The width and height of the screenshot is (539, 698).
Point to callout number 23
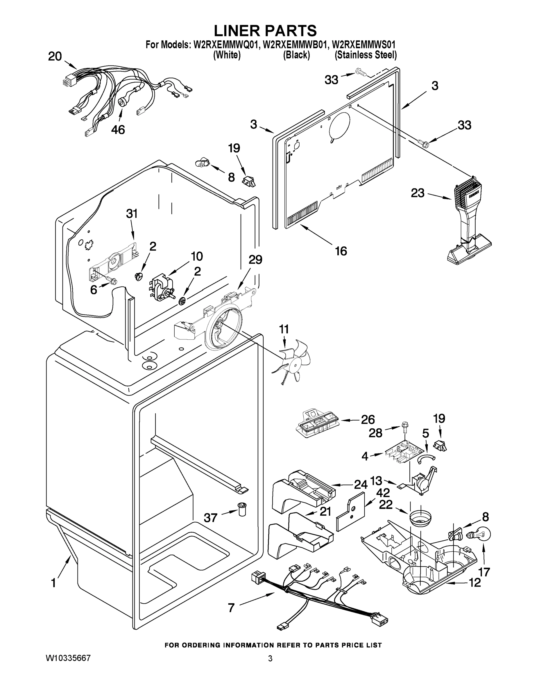[417, 193]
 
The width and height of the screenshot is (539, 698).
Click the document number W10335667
[68, 658]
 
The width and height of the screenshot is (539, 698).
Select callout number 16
[341, 251]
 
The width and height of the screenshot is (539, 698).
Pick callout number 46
[118, 129]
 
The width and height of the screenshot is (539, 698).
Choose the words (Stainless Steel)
[365, 55]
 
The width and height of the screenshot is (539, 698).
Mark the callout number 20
[55, 57]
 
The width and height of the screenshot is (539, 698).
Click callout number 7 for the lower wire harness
[231, 608]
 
